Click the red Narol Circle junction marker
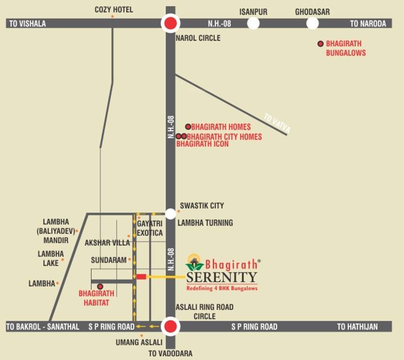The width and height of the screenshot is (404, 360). [x=170, y=23]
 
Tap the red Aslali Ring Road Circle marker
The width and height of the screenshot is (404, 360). [x=171, y=327]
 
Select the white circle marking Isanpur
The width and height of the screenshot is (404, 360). [x=253, y=23]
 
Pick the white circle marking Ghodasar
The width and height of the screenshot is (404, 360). [x=313, y=23]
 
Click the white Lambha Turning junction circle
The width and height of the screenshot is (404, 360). [x=171, y=214]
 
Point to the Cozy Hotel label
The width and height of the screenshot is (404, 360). [x=114, y=9]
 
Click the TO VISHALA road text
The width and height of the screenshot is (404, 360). [x=28, y=23]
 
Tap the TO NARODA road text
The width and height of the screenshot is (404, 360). [x=368, y=23]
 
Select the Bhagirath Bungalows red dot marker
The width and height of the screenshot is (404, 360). [x=320, y=44]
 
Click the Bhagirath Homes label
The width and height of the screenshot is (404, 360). [x=221, y=127]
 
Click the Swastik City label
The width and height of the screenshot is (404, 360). [x=202, y=206]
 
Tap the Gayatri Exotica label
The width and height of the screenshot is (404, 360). [x=150, y=229]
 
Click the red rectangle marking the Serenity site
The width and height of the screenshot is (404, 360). [x=141, y=277]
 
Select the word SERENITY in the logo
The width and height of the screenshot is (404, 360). [x=221, y=277]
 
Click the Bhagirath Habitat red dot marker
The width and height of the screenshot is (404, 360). [x=99, y=286]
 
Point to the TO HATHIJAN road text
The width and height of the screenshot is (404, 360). [x=357, y=327]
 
